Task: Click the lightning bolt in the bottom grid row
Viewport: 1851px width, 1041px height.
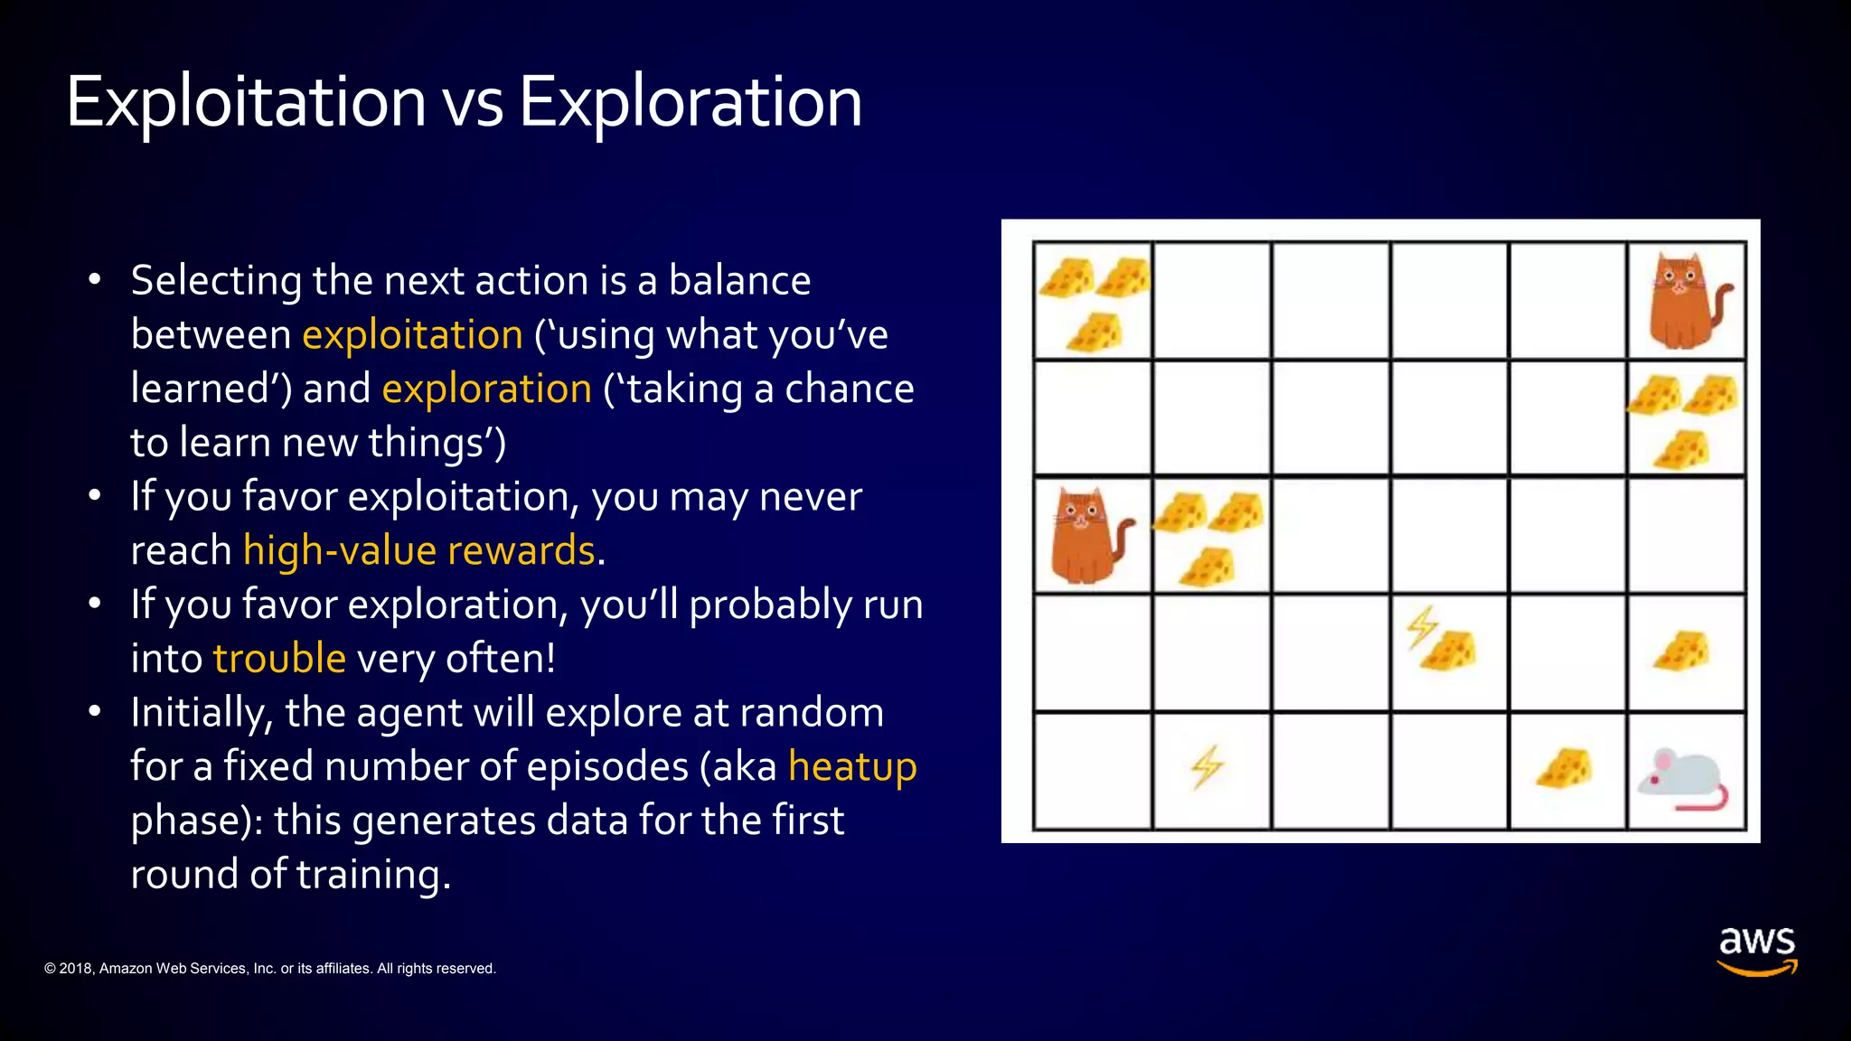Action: point(1207,768)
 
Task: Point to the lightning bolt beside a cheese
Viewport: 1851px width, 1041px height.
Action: point(1422,627)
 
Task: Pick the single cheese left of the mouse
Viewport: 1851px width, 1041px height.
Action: point(1565,768)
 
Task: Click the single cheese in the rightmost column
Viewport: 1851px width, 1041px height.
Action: point(1682,652)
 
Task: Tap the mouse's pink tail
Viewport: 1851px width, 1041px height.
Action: point(1708,800)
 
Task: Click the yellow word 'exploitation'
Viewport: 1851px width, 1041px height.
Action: point(412,335)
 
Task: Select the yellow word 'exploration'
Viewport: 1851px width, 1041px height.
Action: point(486,389)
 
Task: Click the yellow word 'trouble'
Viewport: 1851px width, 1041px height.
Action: point(279,659)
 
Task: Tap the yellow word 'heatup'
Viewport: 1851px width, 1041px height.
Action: point(852,767)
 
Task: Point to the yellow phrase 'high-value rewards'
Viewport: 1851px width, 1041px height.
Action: point(419,551)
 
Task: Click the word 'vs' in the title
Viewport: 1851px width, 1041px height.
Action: point(472,103)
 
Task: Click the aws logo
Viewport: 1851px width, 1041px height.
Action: point(1756,949)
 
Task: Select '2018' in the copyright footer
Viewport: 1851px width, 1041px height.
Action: point(76,969)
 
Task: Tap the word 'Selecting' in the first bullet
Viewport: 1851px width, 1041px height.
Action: point(216,281)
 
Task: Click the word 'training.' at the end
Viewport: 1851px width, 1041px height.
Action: point(372,875)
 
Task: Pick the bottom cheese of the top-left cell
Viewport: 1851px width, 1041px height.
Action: point(1095,333)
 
